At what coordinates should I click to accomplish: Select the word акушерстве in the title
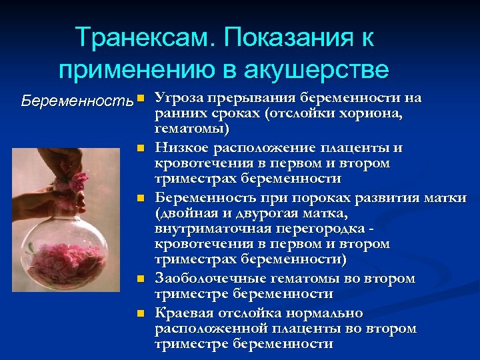click(x=319, y=69)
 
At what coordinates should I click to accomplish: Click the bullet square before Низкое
click(x=140, y=147)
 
